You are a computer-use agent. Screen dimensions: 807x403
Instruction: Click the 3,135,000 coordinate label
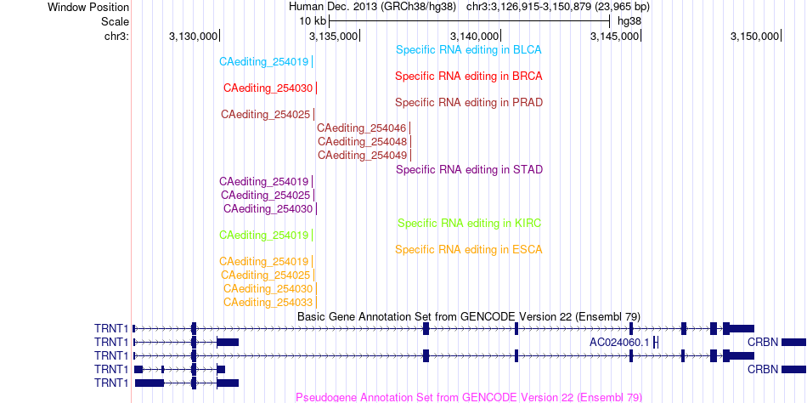coord(333,36)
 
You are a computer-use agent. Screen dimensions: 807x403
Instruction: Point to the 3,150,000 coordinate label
coord(754,36)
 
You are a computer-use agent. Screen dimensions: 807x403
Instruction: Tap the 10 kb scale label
coord(313,21)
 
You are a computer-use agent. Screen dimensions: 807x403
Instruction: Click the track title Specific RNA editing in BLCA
coord(468,50)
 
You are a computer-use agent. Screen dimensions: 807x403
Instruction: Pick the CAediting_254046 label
coord(362,128)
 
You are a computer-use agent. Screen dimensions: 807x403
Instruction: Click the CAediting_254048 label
coord(363,141)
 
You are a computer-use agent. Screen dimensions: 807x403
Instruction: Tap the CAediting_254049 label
coord(363,155)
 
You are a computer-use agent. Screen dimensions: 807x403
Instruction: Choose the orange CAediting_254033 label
coord(268,302)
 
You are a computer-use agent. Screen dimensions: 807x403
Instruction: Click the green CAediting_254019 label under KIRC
coord(263,236)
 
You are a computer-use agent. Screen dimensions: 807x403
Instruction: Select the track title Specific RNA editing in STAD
coord(470,169)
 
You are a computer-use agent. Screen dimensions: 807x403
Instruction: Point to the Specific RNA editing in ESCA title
coord(469,250)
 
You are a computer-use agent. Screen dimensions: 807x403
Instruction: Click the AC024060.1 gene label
coord(619,342)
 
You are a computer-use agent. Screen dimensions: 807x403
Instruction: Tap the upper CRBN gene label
coord(764,342)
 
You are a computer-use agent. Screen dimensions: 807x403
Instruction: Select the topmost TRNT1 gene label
coord(110,328)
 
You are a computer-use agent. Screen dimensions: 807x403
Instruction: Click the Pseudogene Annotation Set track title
coord(469,397)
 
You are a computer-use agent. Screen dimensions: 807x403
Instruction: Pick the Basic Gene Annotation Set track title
coord(469,316)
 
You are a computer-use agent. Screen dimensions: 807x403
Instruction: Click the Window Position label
coord(88,8)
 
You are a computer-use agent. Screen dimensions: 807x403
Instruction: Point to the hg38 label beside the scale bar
coord(629,21)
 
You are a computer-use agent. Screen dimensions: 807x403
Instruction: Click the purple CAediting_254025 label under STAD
coord(266,196)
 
